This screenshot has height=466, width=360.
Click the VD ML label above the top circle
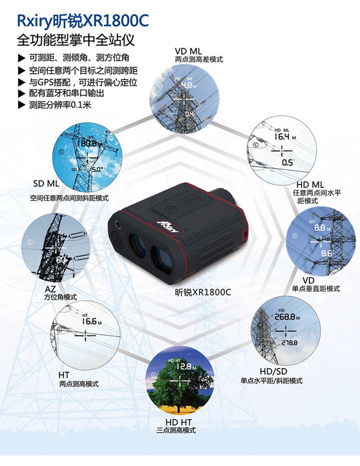click(x=189, y=51)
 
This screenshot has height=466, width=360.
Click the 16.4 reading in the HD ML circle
click(x=281, y=136)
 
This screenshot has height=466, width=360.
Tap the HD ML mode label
click(x=310, y=184)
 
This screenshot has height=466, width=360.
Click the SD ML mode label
click(x=46, y=184)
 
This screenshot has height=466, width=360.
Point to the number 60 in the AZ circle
click(x=61, y=260)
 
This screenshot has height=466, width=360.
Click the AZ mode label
click(x=50, y=290)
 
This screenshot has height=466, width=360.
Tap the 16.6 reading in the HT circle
click(x=89, y=321)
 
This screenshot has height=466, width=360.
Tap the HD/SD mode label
click(x=273, y=371)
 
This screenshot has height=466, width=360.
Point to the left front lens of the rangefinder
click(x=137, y=244)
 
